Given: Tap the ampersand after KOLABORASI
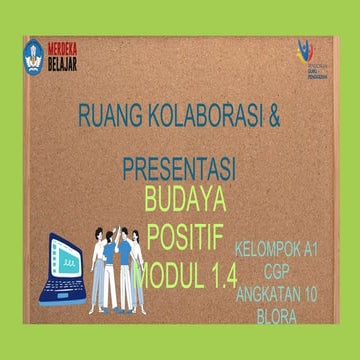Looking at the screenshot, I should click(275, 116).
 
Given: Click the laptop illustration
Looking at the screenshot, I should click(63, 268).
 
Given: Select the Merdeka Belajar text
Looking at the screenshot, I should click(62, 57).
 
